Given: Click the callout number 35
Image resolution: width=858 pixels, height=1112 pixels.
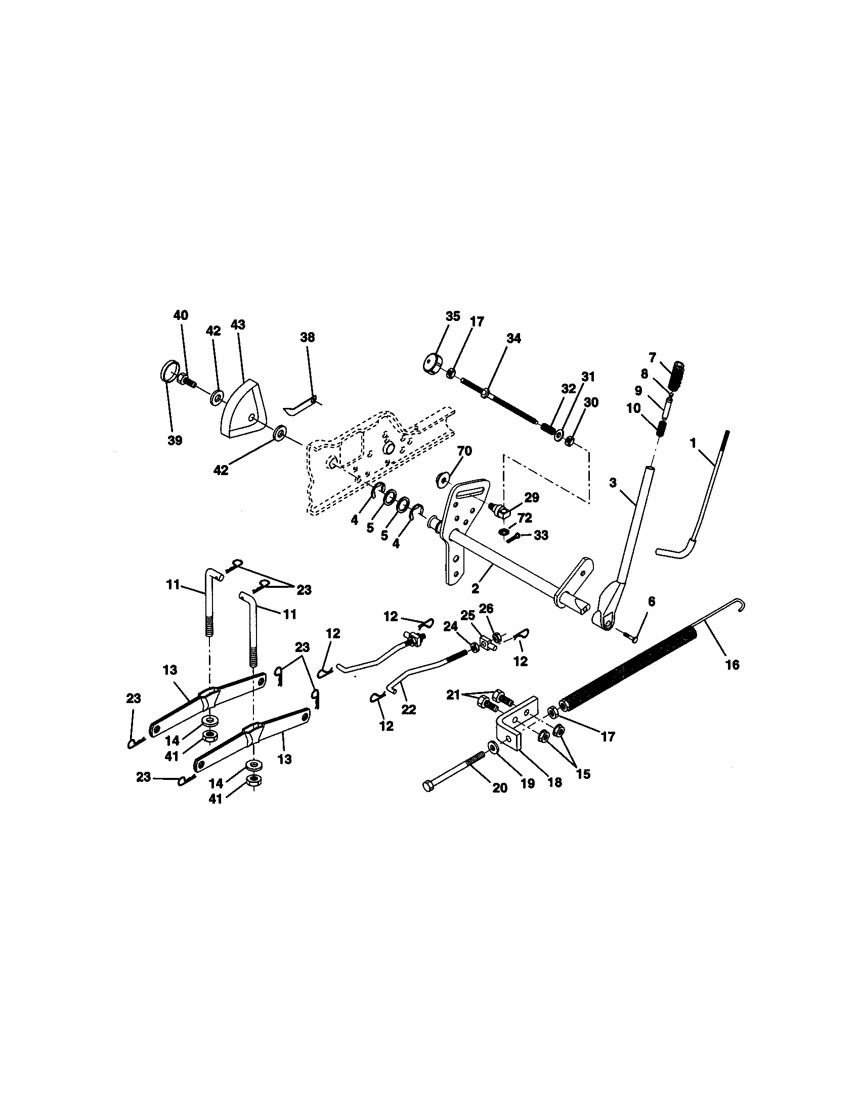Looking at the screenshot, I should (x=452, y=316).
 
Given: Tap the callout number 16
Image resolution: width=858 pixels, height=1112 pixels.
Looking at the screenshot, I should (x=732, y=665).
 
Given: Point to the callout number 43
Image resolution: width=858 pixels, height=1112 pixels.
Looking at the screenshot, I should (x=238, y=325).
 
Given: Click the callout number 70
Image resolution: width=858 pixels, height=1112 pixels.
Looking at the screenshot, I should (x=464, y=450).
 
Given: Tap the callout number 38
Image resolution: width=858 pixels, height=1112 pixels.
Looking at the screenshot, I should (x=308, y=337).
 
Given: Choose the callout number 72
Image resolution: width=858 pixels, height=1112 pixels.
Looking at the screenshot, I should (x=525, y=518).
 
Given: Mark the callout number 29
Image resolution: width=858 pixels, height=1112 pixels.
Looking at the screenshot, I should (x=531, y=497).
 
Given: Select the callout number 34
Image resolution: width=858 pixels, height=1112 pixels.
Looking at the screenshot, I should (x=514, y=338).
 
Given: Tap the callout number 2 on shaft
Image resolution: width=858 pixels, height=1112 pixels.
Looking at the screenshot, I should (x=475, y=588).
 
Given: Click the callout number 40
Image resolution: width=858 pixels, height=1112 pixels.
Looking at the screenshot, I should (x=181, y=315).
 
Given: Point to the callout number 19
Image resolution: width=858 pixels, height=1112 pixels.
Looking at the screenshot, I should (x=527, y=783).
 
